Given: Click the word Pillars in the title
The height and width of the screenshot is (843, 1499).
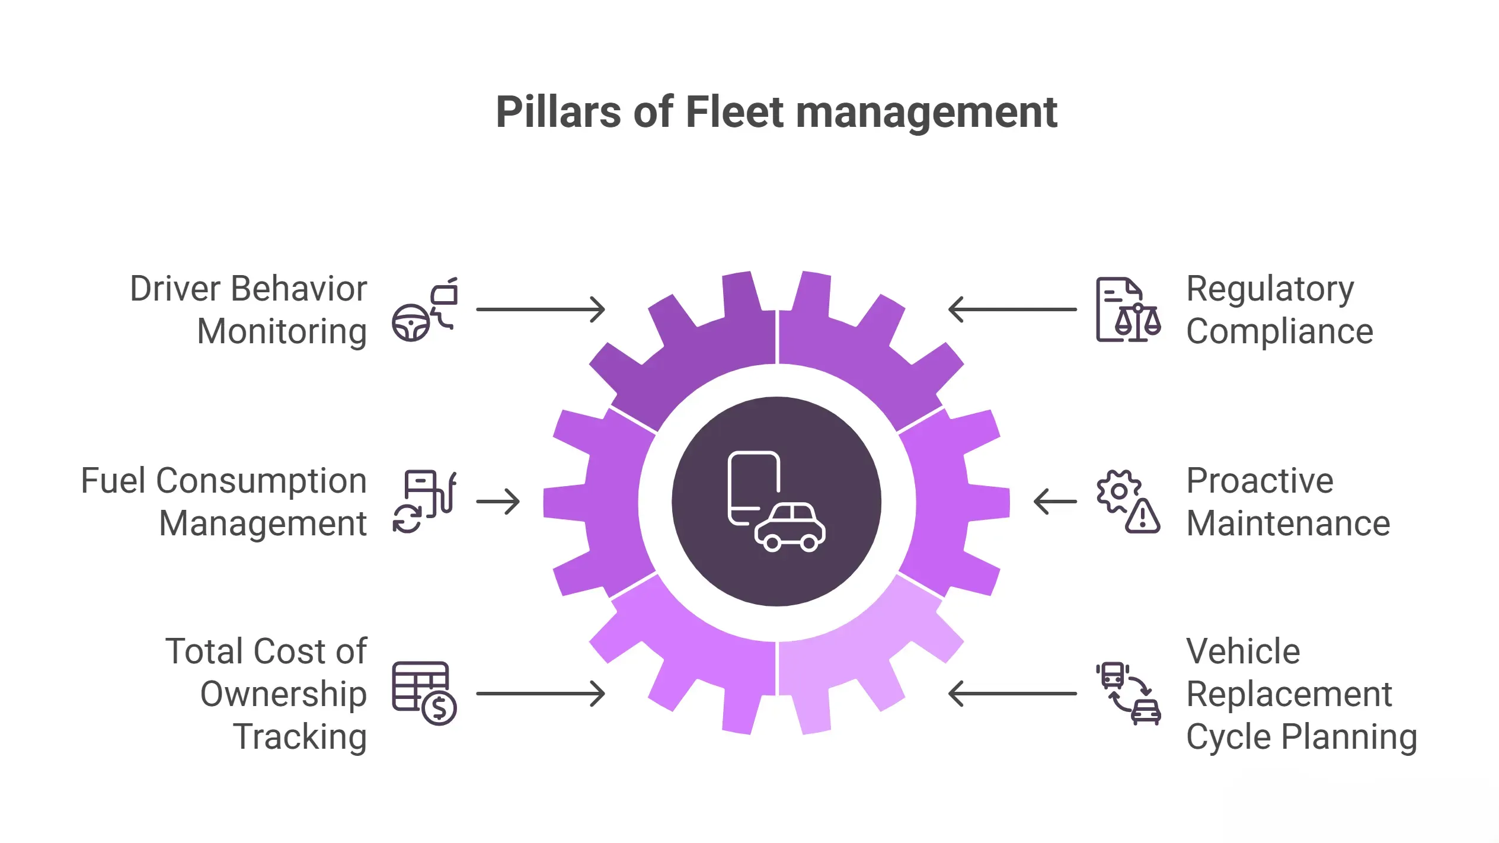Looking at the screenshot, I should click(558, 112).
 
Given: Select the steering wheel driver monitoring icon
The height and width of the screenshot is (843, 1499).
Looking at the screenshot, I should click(424, 309).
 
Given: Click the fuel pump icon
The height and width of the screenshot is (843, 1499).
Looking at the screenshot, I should click(424, 502).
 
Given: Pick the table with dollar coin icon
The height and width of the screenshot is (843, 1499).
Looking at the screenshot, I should click(424, 693).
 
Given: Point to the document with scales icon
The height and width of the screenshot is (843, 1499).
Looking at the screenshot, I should click(1127, 309).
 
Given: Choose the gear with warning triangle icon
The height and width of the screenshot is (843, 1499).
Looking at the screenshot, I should click(1127, 502).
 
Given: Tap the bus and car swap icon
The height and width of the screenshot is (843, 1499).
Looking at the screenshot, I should click(1127, 693).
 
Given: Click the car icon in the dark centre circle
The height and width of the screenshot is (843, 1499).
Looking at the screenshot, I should click(790, 527).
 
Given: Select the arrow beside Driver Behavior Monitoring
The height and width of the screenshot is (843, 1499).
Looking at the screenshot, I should click(540, 309).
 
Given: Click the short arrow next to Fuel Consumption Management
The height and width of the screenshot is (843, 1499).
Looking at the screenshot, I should click(498, 502).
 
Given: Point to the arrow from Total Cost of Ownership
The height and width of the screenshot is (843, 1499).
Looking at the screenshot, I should click(540, 693).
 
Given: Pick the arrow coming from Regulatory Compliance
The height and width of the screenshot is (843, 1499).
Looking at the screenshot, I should click(1012, 309).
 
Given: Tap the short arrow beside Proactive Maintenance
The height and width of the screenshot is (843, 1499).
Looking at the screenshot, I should click(1055, 502).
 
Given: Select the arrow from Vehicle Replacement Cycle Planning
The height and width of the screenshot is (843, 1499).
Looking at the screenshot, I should click(1012, 693).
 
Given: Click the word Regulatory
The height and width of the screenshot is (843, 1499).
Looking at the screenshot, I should click(1270, 289).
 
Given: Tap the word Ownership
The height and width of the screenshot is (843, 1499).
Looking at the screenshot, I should click(283, 694).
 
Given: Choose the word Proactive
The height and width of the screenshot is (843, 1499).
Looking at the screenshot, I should click(1260, 481).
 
